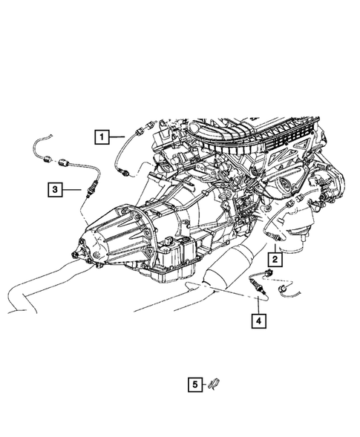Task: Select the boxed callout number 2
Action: (275, 260)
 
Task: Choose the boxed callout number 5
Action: (194, 384)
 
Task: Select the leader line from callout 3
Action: (73, 190)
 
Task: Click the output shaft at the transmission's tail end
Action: (76, 256)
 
